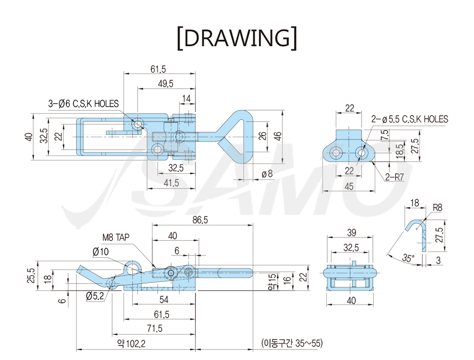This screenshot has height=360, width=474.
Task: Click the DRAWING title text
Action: click(237, 38)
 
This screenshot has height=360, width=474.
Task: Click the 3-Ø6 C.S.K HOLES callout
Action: click(83, 103)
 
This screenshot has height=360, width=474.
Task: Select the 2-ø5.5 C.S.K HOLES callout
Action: click(410, 119)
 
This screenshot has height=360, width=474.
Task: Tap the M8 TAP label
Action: click(116, 238)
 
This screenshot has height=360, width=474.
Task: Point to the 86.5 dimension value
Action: click(200, 220)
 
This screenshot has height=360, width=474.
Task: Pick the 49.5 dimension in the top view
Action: click(166, 84)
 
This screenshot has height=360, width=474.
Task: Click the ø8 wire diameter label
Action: click(267, 174)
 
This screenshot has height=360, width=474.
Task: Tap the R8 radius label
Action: click(437, 208)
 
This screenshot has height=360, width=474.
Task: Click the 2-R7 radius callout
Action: click(395, 177)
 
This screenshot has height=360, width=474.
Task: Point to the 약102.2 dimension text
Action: click(131, 343)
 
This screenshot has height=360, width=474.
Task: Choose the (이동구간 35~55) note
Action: click(292, 343)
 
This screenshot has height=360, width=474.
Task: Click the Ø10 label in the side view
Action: click(101, 251)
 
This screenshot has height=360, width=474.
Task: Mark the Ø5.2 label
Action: click(95, 296)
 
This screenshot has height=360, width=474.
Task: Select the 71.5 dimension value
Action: click(154, 328)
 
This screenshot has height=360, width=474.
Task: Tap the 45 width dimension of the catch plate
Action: click(349, 186)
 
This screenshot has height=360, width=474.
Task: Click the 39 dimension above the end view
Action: click(352, 232)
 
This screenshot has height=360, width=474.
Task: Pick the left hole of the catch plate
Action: click(336, 153)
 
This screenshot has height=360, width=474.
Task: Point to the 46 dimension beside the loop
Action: click(278, 136)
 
